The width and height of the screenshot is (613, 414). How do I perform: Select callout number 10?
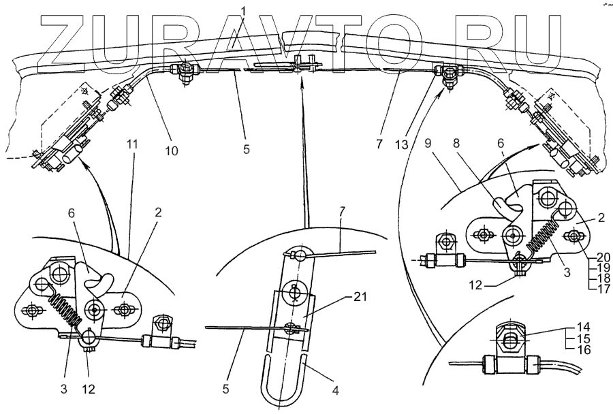coord(171,150)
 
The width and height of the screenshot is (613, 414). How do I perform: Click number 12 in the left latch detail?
coord(88,389)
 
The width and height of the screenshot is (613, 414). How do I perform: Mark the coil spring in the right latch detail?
coord(541,232)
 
